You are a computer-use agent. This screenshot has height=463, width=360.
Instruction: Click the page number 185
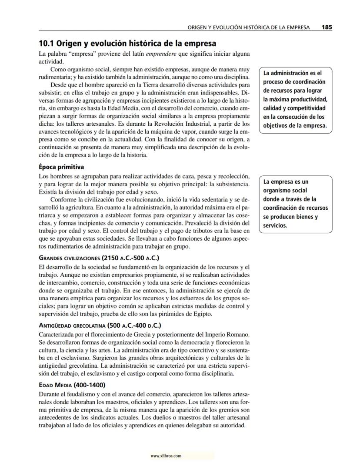coord(327,27)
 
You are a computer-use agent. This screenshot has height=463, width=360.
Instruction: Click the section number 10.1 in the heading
coord(47,44)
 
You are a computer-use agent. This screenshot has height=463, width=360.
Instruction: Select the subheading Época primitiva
coord(61,167)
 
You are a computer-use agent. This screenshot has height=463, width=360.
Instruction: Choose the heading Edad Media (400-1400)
coord(72,385)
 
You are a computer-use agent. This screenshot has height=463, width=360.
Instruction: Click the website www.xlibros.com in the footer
coord(166,456)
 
